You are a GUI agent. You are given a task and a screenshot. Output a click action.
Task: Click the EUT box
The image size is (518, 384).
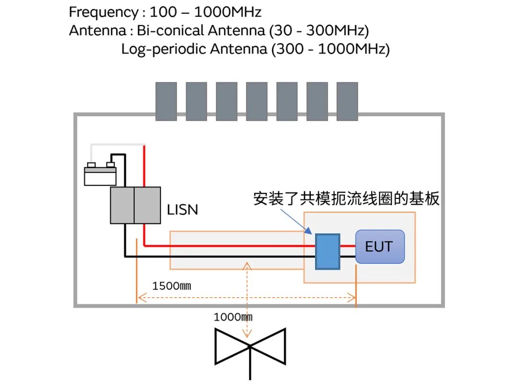380,246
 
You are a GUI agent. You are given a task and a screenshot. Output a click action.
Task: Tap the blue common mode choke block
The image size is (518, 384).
327,251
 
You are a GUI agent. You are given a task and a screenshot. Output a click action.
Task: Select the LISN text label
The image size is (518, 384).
182,209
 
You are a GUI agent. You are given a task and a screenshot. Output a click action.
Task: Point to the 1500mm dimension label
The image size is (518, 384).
172,287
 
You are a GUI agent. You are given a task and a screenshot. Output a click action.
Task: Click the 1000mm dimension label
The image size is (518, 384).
233,317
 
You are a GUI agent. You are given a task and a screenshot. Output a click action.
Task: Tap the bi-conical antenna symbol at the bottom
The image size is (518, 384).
250,346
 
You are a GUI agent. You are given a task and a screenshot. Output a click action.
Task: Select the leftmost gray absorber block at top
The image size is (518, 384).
166,101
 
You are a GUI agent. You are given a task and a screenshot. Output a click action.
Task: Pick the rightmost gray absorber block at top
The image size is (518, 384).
347,101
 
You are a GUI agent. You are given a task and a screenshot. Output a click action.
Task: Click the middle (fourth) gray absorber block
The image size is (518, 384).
257,101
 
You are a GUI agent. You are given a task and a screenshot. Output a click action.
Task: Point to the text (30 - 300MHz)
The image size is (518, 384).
319,31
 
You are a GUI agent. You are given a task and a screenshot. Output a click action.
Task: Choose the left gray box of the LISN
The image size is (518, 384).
122,205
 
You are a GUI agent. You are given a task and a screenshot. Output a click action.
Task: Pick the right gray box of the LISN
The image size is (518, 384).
147,205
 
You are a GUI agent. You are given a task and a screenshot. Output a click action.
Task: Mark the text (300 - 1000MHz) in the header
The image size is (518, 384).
330,49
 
